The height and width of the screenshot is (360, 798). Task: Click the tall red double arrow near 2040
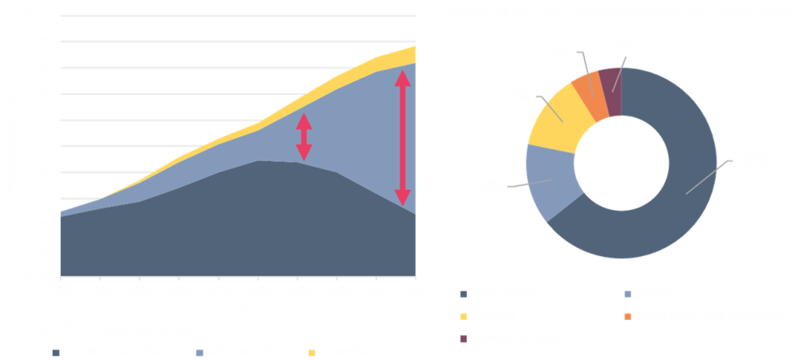pyautogui.click(x=403, y=137)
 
